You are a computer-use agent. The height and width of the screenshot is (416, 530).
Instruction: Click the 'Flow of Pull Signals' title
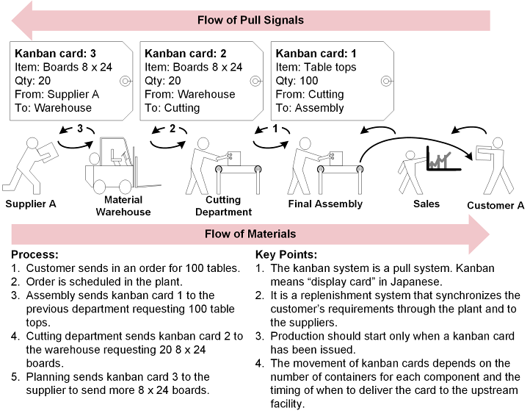coord(250,20)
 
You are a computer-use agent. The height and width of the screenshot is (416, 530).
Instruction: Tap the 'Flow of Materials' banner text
coord(250,234)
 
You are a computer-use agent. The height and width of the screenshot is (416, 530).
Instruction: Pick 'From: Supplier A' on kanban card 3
coord(57,94)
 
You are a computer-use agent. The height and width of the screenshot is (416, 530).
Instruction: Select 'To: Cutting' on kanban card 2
coord(173,108)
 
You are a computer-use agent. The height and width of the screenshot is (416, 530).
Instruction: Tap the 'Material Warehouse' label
coord(123,206)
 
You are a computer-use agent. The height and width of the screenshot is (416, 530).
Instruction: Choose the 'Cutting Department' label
coord(223,206)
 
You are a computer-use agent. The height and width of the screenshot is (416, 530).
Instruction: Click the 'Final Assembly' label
coord(325,204)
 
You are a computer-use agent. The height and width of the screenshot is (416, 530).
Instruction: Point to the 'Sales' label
coord(426,204)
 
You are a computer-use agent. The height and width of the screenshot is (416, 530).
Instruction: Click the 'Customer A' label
coord(490,206)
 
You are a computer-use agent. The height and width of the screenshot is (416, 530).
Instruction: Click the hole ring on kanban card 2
coord(255,81)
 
